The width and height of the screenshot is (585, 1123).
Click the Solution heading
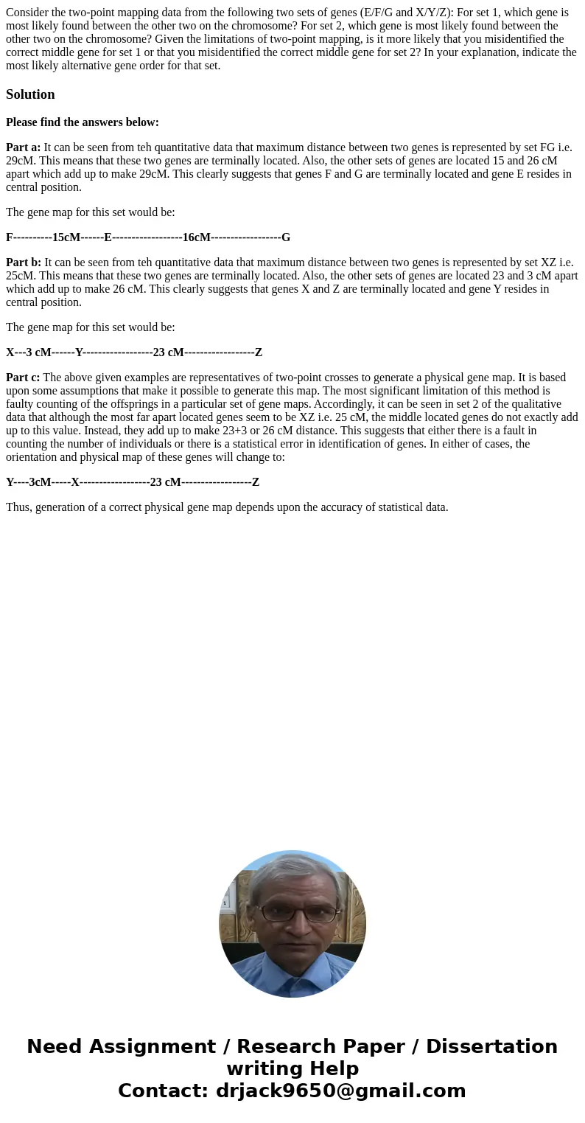tap(30, 94)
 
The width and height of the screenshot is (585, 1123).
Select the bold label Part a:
tap(24, 147)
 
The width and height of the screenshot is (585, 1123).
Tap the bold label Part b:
tap(24, 263)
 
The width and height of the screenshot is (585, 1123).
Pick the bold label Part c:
tap(23, 378)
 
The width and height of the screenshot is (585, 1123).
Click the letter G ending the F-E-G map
tap(286, 237)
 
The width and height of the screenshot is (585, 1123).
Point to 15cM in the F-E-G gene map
tap(66, 237)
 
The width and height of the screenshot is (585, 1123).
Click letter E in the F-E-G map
tap(108, 237)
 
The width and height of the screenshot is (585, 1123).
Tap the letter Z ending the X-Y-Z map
tap(258, 352)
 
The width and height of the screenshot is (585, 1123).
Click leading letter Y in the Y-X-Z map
tap(10, 482)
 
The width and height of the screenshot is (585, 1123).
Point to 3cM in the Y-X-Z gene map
tap(40, 482)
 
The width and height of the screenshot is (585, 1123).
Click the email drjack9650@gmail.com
tap(340, 1091)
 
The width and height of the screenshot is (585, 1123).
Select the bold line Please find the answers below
tap(83, 122)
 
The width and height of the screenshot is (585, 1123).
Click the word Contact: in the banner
tap(164, 1091)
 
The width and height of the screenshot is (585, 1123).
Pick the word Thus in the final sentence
tap(18, 507)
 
